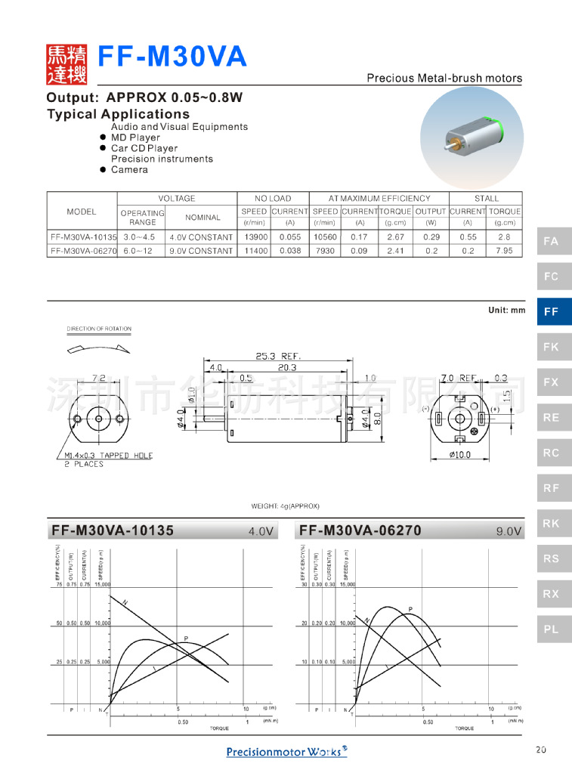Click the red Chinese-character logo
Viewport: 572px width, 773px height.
click(x=67, y=64)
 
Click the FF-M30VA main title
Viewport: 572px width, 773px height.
click(x=174, y=57)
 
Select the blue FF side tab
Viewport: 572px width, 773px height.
click(x=552, y=311)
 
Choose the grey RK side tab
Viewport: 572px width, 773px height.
click(x=552, y=523)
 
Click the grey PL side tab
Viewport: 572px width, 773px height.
click(x=552, y=629)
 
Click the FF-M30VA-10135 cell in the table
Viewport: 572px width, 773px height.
click(x=82, y=237)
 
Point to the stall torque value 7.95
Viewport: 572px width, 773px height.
click(x=504, y=250)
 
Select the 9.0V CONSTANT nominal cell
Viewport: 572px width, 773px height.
click(x=201, y=250)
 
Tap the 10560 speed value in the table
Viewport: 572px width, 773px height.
click(x=325, y=237)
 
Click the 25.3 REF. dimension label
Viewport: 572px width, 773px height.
click(x=279, y=355)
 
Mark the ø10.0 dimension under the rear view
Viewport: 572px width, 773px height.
click(x=459, y=454)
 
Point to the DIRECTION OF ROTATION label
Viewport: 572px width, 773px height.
click(x=99, y=329)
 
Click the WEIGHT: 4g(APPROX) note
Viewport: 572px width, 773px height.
click(x=286, y=506)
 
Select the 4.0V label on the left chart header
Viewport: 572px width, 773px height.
click(x=260, y=531)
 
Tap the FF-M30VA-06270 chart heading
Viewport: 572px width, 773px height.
click(x=360, y=530)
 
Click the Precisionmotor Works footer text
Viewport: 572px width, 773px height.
click(x=286, y=751)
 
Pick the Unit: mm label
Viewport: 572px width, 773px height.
click(x=506, y=311)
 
